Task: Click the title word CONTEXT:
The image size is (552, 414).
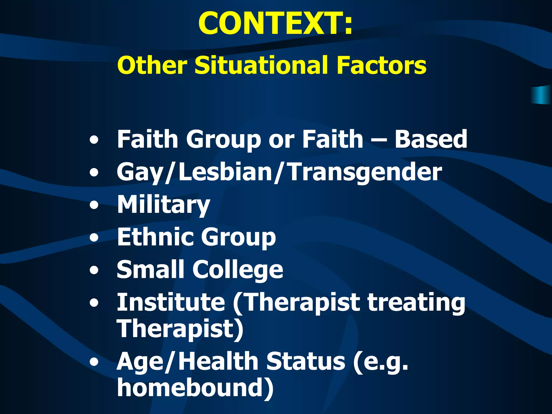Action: tap(275, 24)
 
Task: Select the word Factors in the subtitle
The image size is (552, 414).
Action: tap(381, 65)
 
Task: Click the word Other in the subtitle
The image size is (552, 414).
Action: tap(152, 65)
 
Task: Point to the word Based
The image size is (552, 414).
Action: tap(431, 139)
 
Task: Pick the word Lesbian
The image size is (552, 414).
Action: tap(225, 172)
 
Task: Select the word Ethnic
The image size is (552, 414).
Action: tap(155, 237)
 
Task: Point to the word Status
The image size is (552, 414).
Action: tap(306, 361)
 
